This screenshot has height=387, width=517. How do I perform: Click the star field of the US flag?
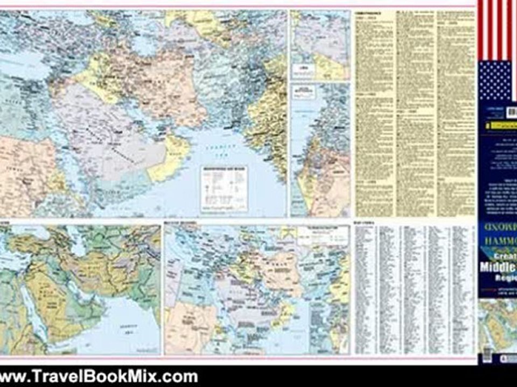tap(494, 81)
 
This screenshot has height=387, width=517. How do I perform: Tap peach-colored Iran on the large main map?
tap(172, 91)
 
